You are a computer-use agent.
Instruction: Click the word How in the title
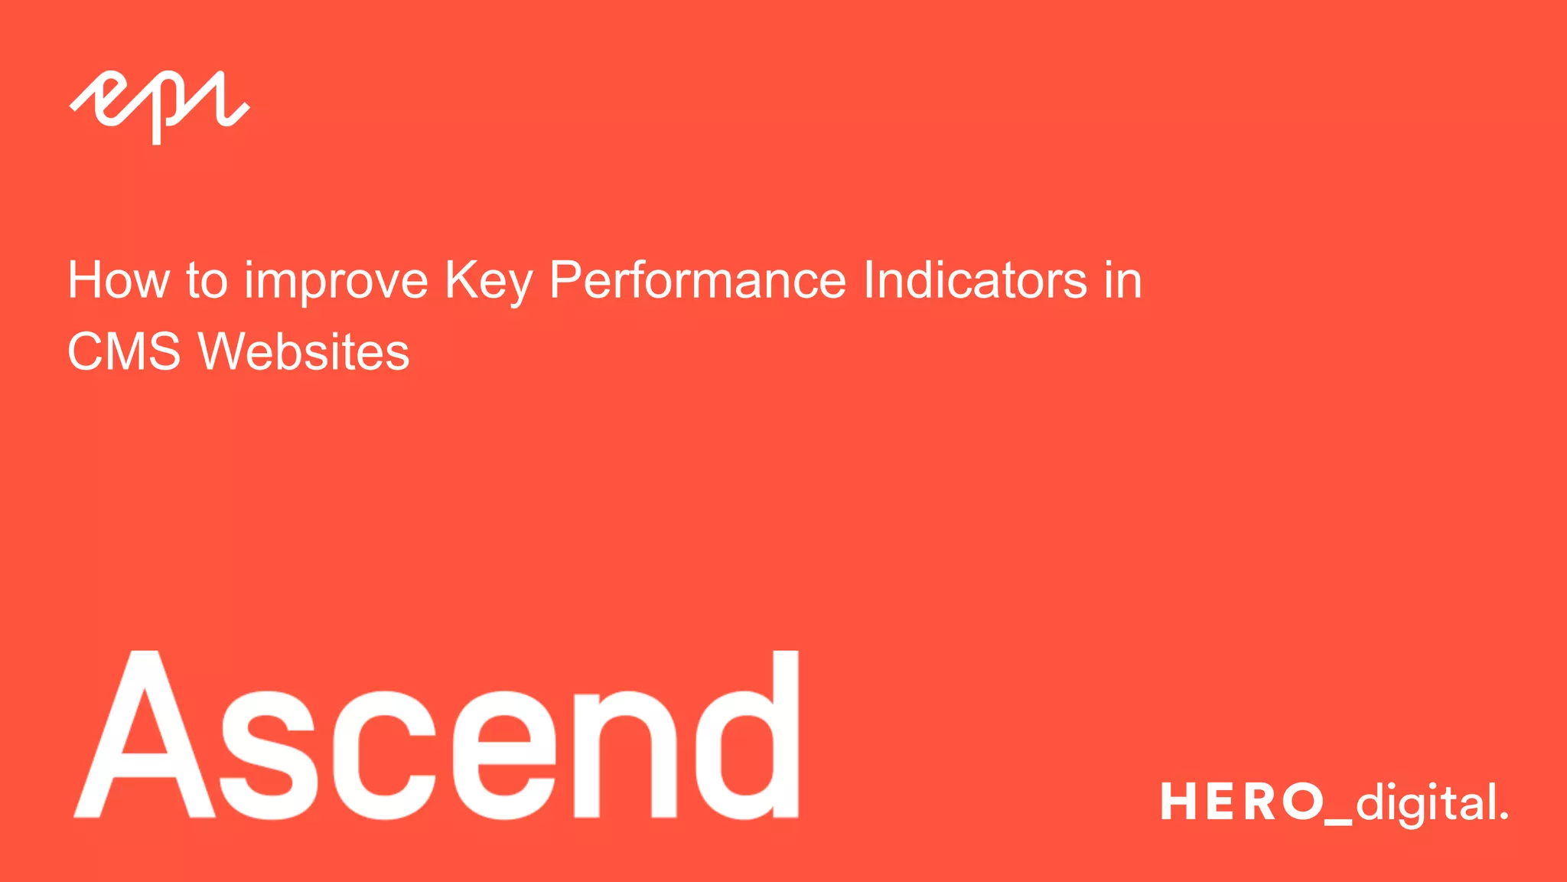(x=119, y=280)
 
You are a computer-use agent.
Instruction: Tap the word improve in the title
(x=336, y=282)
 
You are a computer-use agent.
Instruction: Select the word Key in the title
(x=488, y=282)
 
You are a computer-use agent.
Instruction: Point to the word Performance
(x=697, y=280)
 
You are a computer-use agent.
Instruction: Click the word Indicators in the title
(x=975, y=280)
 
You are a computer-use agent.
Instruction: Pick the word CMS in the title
(x=124, y=351)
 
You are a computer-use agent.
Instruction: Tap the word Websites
(x=304, y=351)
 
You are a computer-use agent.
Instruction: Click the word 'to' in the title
(x=207, y=281)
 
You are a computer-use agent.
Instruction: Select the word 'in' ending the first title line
(x=1122, y=280)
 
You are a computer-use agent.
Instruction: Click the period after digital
(x=1504, y=816)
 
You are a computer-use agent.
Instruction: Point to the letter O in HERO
(x=1303, y=802)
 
